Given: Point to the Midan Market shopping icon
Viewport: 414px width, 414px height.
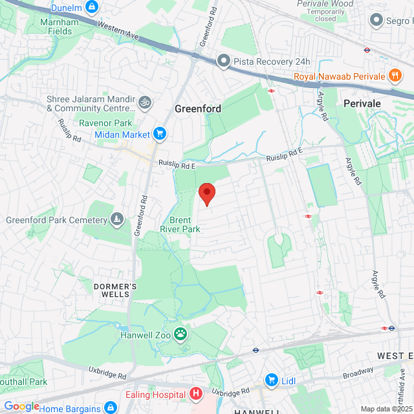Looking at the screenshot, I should click(x=160, y=134).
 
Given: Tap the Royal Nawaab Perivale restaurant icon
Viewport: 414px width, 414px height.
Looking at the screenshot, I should click(x=393, y=76).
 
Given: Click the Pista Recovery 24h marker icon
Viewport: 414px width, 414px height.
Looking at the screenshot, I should click(x=224, y=61).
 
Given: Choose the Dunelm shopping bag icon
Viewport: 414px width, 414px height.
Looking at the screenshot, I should click(x=92, y=7).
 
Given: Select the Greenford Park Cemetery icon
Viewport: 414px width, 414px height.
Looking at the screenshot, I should click(x=116, y=220).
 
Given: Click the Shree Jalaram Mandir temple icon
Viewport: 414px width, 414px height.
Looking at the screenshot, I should click(x=147, y=102).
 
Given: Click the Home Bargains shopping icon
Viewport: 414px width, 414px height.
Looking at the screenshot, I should click(x=111, y=408).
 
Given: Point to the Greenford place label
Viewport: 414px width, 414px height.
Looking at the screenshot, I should click(x=197, y=109).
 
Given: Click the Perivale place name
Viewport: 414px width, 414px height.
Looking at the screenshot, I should click(x=362, y=103).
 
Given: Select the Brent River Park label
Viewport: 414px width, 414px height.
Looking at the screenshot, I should click(x=180, y=224).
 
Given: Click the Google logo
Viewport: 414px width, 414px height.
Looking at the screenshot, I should click(x=21, y=406).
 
